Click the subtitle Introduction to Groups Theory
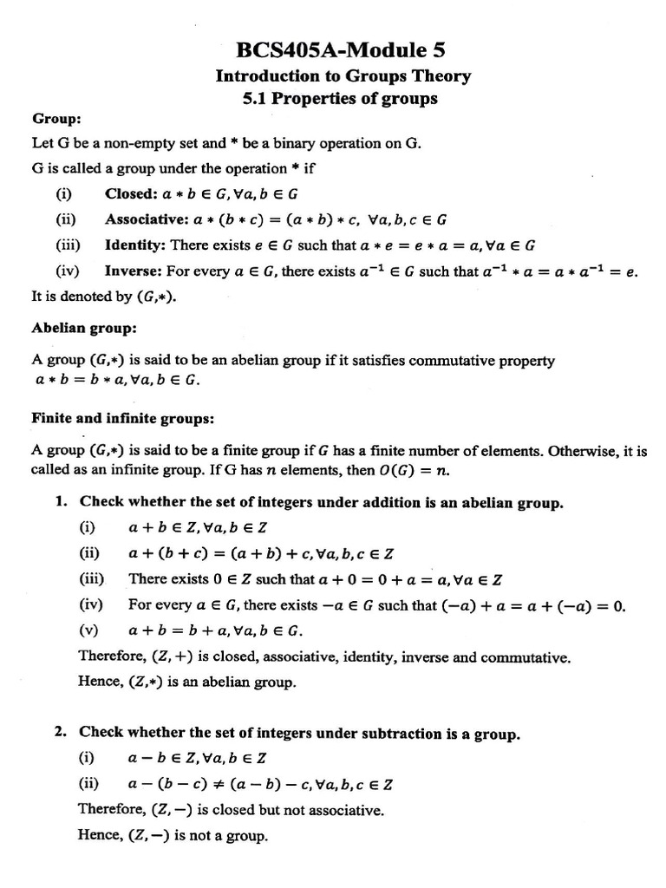pyautogui.click(x=343, y=76)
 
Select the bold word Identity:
pyautogui.click(x=136, y=245)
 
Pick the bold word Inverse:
pyautogui.click(x=134, y=271)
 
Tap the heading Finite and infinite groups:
pyautogui.click(x=122, y=419)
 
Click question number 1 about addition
pyautogui.click(x=61, y=502)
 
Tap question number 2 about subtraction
pyautogui.click(x=61, y=734)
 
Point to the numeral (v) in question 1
pyautogui.click(x=89, y=630)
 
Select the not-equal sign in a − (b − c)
pyautogui.click(x=212, y=785)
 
